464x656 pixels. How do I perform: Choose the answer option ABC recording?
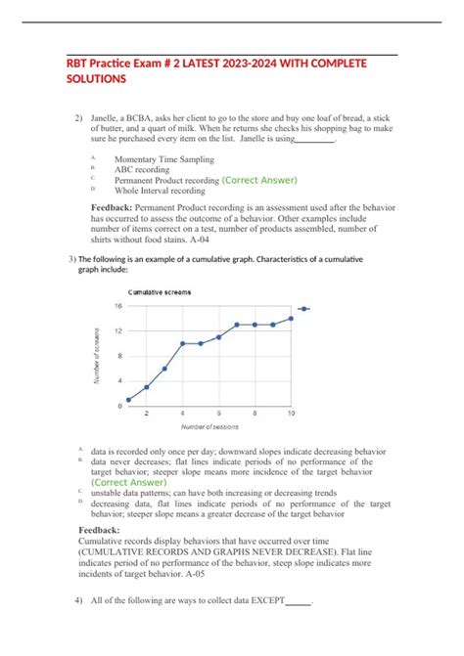pyautogui.click(x=142, y=170)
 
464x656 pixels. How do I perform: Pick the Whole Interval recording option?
pyautogui.click(x=160, y=192)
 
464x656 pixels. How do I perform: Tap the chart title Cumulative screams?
pyautogui.click(x=161, y=292)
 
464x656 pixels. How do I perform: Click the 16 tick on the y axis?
pyautogui.click(x=117, y=306)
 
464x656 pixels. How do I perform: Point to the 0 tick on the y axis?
pyautogui.click(x=119, y=405)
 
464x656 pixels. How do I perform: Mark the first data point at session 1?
pyautogui.click(x=129, y=399)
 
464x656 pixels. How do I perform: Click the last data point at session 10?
pyautogui.click(x=291, y=319)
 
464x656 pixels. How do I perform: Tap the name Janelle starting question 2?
pyautogui.click(x=109, y=118)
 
